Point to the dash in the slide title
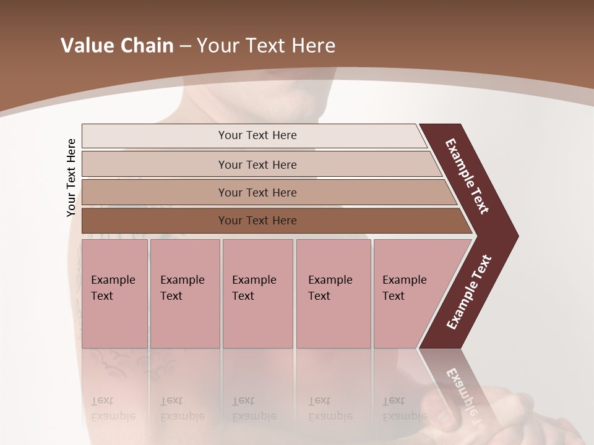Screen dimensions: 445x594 [x=185, y=46]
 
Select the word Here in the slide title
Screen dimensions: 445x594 [x=313, y=46]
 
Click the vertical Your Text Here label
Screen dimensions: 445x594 [x=71, y=177]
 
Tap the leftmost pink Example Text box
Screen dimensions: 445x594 [x=114, y=294]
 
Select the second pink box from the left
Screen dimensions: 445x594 [x=184, y=294]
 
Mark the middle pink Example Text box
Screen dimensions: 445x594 [x=257, y=294]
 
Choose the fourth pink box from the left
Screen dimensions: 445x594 [x=334, y=294]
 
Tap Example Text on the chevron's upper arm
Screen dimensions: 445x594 [x=467, y=176]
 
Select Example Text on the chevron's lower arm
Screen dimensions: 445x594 [x=469, y=292]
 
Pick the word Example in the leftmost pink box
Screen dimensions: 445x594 [x=113, y=280]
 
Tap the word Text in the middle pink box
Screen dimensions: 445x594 [x=243, y=296]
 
